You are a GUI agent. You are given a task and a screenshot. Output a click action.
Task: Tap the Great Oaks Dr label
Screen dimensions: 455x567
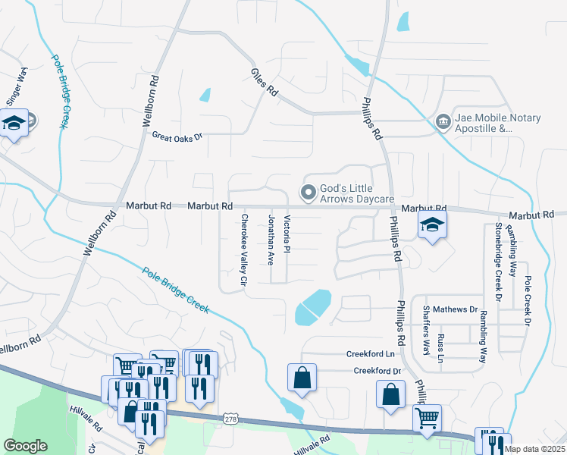(x=178, y=137)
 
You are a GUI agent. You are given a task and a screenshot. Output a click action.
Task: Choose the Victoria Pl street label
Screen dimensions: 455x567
(x=287, y=235)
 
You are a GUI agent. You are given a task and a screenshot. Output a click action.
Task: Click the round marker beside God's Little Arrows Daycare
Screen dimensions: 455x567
(x=308, y=193)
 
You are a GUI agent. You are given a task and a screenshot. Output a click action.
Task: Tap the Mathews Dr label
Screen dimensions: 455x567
(x=462, y=310)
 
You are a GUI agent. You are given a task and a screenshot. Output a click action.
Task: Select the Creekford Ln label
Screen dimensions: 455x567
(x=371, y=354)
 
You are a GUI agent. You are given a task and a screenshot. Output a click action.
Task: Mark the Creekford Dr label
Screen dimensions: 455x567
(x=377, y=371)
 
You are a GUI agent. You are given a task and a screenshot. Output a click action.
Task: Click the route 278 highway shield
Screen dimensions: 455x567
(x=231, y=419)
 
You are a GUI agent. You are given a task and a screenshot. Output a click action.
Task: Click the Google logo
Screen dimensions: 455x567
(x=25, y=446)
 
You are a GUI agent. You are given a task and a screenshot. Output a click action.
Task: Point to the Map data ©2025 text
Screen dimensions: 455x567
(x=534, y=449)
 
